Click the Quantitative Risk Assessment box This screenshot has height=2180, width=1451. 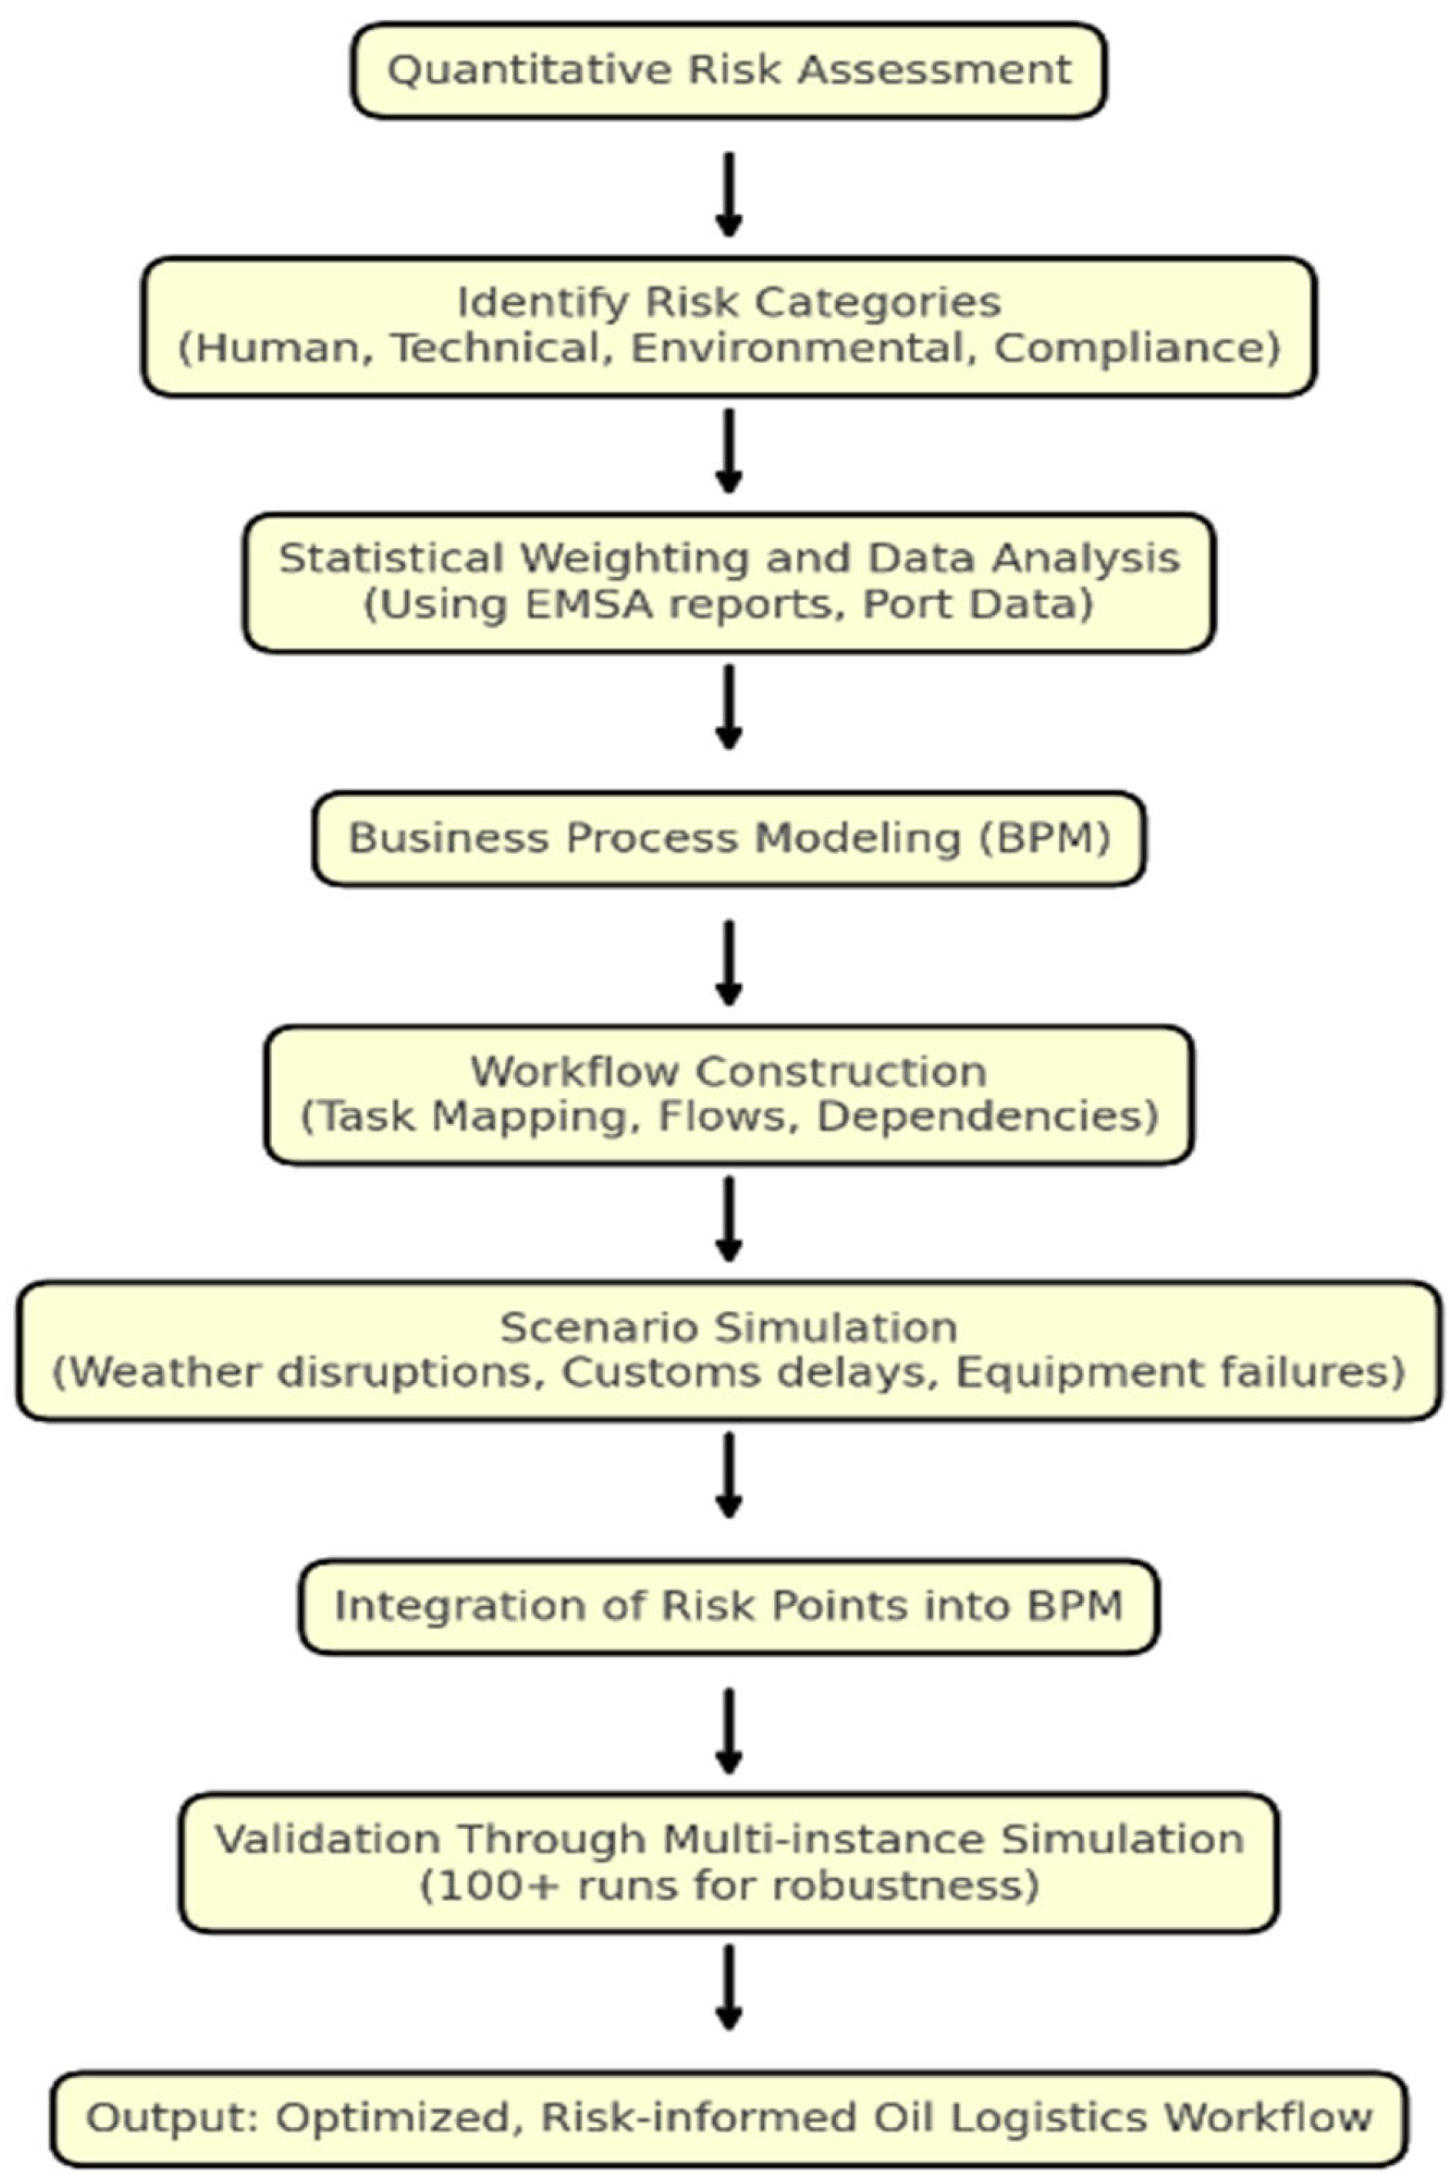pyautogui.click(x=729, y=71)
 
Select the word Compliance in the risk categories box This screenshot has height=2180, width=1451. pyautogui.click(x=1130, y=349)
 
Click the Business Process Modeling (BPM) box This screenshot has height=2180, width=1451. pyautogui.click(x=729, y=838)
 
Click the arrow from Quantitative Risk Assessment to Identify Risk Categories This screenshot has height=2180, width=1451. pyautogui.click(x=729, y=194)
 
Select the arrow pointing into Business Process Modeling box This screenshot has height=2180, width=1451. pyautogui.click(x=729, y=707)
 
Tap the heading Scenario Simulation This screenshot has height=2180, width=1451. pyautogui.click(x=729, y=1328)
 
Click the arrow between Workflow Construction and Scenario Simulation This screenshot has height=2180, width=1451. pyautogui.click(x=729, y=1219)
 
